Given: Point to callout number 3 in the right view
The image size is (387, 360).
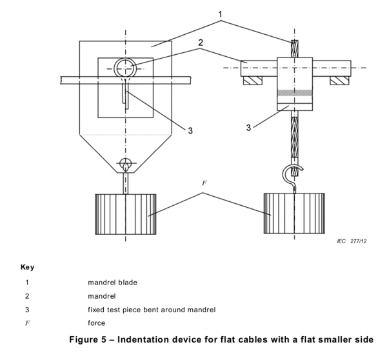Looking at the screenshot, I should click(248, 127).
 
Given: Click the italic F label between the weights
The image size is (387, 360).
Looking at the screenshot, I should click(204, 183).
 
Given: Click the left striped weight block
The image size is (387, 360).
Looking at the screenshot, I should click(126, 214).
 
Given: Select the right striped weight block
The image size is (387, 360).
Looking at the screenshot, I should click(295, 214).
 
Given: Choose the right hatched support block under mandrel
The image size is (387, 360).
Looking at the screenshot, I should click(339, 81).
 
